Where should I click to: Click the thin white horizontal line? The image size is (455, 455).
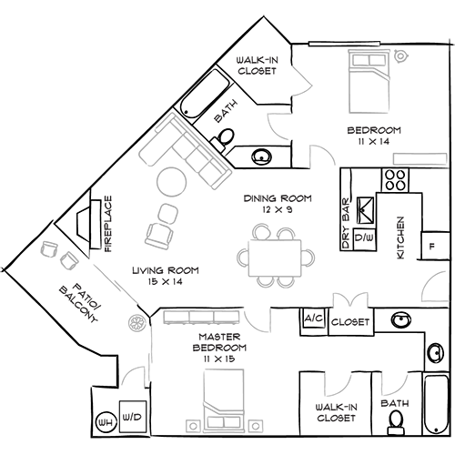344,42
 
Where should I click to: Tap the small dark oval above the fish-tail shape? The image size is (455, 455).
433,246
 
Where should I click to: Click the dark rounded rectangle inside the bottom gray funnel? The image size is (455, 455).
213,346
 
